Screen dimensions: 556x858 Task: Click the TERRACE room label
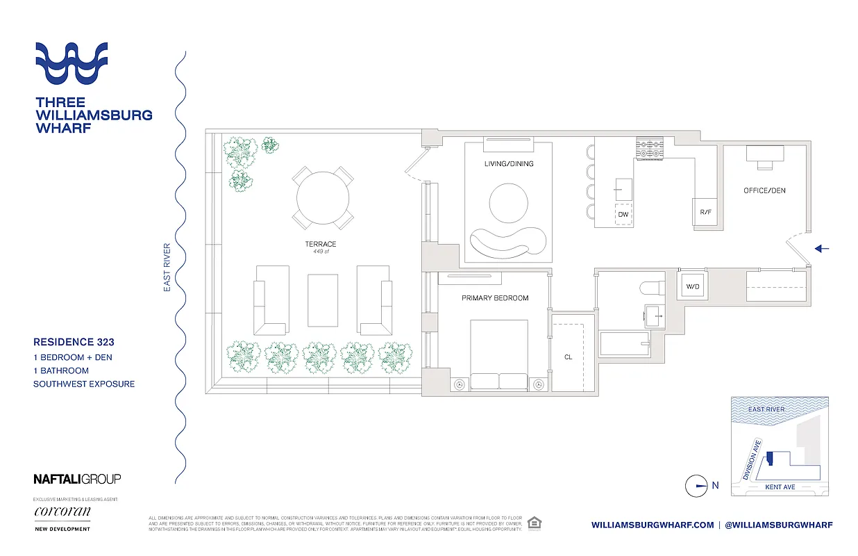[x=320, y=244]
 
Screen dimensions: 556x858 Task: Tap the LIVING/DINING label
[x=510, y=164]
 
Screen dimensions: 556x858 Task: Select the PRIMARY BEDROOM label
[x=495, y=298]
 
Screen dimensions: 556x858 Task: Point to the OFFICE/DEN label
[x=764, y=190]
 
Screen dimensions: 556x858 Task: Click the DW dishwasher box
[x=623, y=215]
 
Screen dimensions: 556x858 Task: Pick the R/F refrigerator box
[x=705, y=212]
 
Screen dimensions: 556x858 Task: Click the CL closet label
[x=568, y=357]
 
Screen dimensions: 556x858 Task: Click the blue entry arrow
[x=822, y=248]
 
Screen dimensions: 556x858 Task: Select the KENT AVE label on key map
[x=780, y=487]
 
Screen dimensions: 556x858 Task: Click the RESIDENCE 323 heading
[x=74, y=342]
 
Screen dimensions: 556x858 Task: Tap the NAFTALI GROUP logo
[x=77, y=479]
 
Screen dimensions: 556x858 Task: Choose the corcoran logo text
[x=62, y=512]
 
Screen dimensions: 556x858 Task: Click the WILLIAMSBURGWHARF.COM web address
[x=653, y=525]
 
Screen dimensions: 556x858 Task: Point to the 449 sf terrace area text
[x=320, y=252]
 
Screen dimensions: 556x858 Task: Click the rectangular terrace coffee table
[x=323, y=299]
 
